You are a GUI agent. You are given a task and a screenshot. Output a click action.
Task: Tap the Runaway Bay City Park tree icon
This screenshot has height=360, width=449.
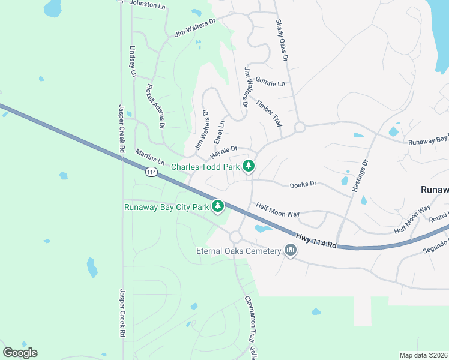(218, 207)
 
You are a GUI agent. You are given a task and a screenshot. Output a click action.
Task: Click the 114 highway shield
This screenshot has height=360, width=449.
(151, 172)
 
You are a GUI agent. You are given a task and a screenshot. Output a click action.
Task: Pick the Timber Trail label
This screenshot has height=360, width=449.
(268, 112)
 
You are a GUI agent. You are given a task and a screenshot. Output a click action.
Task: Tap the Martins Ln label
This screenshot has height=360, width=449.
(150, 158)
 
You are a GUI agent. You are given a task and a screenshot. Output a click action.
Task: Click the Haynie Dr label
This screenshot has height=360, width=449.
(224, 149)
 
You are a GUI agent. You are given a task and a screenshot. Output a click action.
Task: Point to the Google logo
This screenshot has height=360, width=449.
(20, 353)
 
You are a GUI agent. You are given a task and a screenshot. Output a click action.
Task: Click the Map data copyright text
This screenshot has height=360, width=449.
(424, 355)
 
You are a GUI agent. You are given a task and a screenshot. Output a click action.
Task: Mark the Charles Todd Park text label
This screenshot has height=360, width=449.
(205, 166)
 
